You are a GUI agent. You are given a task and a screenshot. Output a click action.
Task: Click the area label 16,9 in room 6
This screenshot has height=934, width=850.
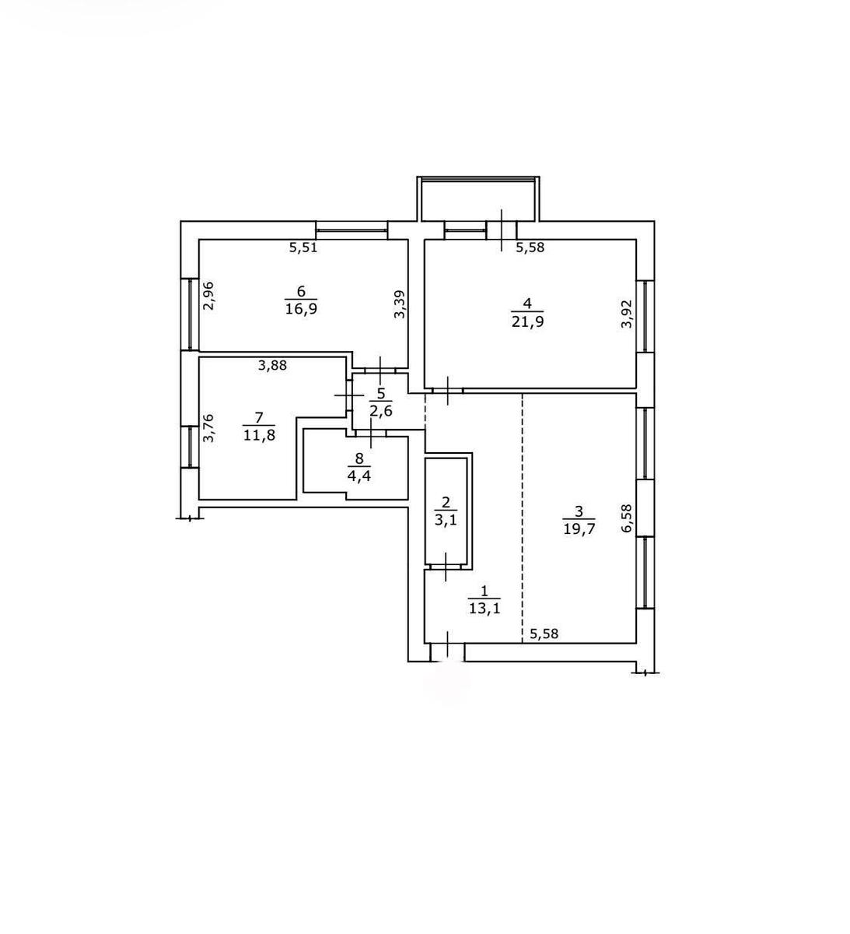point(301,309)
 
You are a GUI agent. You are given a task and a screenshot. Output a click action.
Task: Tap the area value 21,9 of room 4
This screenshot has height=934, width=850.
point(527,321)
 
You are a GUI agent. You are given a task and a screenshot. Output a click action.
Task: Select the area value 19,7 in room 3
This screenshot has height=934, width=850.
point(579,529)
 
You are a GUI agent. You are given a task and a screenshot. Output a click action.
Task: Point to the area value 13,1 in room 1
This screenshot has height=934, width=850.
point(484,609)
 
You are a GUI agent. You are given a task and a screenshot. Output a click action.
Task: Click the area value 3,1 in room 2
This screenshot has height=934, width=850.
point(446,520)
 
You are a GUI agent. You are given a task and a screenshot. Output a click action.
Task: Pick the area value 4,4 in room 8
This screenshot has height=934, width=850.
point(359,476)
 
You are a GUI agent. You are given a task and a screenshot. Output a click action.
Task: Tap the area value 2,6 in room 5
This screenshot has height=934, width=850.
point(380,412)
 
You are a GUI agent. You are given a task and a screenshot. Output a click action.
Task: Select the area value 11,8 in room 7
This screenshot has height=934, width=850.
point(259,435)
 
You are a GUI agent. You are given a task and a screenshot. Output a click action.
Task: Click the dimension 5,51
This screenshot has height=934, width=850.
point(303,248)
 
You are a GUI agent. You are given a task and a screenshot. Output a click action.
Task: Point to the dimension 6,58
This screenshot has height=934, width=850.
point(627,518)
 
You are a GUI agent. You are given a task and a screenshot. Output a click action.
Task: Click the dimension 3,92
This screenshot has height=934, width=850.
point(627,314)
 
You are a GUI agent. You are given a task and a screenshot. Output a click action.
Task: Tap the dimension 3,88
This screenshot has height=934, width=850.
point(273,366)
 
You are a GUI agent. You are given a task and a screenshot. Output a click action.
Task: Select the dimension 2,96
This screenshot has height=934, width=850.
point(209,296)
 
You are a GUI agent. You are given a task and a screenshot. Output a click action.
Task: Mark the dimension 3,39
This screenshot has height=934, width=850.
point(399,304)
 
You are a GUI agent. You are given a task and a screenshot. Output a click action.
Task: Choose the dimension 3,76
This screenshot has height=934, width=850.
point(209,428)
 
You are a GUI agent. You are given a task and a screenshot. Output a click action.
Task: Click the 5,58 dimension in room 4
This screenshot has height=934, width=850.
point(530,248)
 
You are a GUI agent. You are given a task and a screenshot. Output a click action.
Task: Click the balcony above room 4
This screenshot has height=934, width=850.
point(478,198)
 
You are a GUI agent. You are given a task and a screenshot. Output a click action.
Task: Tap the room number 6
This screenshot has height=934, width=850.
point(301,292)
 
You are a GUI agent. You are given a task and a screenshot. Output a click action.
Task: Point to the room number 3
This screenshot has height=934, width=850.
point(579,511)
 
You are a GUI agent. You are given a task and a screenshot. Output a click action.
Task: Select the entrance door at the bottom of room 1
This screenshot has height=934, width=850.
point(447,652)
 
